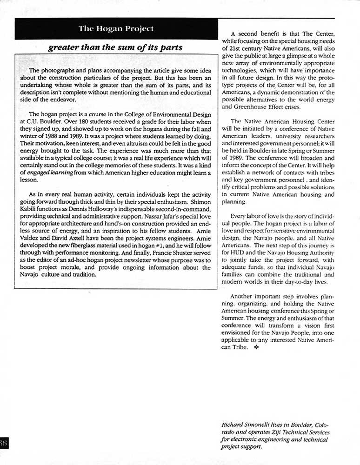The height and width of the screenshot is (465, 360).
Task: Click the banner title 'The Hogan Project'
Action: coord(116,28)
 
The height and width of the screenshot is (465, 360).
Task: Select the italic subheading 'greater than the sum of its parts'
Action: coord(115,47)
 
